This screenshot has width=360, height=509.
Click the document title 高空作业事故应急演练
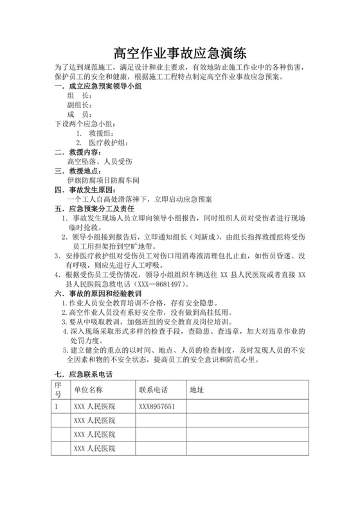pyautogui.click(x=180, y=52)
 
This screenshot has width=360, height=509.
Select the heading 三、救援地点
pyautogui.click(x=76, y=172)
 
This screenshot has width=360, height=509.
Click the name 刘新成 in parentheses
pyautogui.click(x=201, y=237)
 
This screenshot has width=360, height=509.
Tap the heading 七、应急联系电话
pyautogui.click(x=81, y=374)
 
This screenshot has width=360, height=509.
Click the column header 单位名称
pyautogui.click(x=94, y=390)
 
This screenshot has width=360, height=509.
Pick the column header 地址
pyautogui.click(x=197, y=390)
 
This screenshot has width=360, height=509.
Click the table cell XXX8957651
pyautogui.click(x=157, y=407)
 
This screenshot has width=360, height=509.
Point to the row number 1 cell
pyautogui.click(x=57, y=407)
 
